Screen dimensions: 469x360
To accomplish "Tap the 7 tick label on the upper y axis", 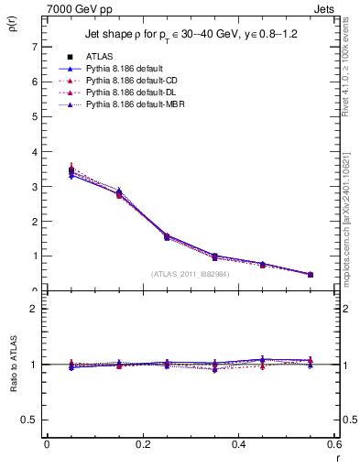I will [x=34, y=47].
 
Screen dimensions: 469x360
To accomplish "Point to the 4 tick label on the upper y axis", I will [x=34, y=152].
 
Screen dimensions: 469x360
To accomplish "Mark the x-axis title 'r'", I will [x=336, y=457].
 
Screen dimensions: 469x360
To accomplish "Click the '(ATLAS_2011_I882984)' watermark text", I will [x=191, y=273].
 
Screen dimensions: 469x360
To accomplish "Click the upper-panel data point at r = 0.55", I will [x=311, y=274].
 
